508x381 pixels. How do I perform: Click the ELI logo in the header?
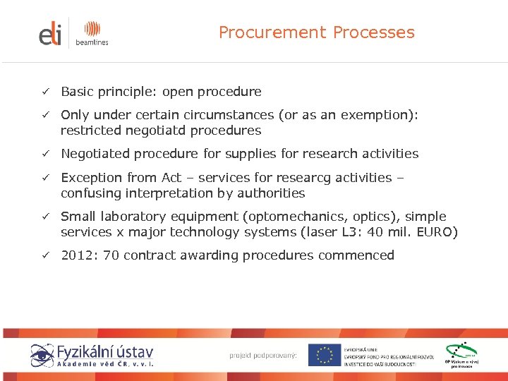tap(50, 33)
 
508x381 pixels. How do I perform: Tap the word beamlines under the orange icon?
tap(92, 42)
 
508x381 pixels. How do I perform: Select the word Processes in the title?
tap(374, 32)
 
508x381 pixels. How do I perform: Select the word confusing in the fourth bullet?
tap(93, 193)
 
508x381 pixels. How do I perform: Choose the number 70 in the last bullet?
tap(111, 255)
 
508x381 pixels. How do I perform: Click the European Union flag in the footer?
tap(324, 355)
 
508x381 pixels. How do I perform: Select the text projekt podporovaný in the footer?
tap(263, 355)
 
